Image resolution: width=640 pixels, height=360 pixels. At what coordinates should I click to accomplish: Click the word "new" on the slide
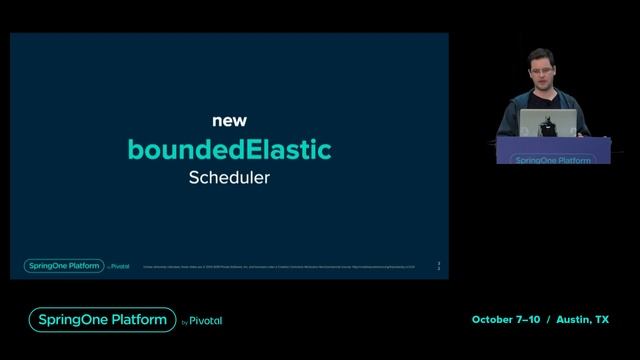click(229, 121)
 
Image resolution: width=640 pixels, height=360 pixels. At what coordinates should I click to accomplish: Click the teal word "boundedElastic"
click(229, 150)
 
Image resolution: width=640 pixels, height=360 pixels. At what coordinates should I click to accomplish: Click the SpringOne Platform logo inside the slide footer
click(63, 266)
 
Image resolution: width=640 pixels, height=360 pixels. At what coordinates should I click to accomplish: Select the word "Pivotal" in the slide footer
click(120, 266)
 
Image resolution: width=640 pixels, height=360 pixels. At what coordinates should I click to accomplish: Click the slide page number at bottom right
click(439, 266)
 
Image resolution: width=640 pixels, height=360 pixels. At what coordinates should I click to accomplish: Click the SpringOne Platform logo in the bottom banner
click(102, 320)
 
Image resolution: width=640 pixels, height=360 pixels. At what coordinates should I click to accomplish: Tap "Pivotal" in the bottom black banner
click(205, 321)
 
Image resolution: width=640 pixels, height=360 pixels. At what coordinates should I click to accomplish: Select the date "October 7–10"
click(506, 320)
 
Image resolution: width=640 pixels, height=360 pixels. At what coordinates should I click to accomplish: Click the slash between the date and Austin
click(547, 320)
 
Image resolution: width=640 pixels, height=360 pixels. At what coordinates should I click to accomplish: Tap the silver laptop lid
click(548, 123)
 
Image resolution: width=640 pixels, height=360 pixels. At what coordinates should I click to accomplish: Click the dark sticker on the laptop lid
click(547, 125)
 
